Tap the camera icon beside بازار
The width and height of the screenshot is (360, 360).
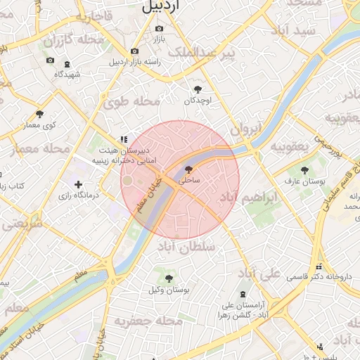159,28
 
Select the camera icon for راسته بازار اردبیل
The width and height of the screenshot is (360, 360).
134,51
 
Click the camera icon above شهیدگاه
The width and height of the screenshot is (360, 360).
49,60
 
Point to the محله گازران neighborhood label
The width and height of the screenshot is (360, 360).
73,40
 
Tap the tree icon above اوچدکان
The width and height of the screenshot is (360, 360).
198,89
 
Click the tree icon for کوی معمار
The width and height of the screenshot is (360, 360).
39,114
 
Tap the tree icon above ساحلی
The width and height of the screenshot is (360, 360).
188,169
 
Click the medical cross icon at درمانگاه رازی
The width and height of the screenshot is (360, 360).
77,184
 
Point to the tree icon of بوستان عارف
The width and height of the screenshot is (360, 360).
304,170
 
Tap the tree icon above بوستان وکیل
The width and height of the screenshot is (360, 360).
169,278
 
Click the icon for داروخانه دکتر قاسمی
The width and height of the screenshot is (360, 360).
319,266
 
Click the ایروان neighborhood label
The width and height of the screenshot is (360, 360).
246,129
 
